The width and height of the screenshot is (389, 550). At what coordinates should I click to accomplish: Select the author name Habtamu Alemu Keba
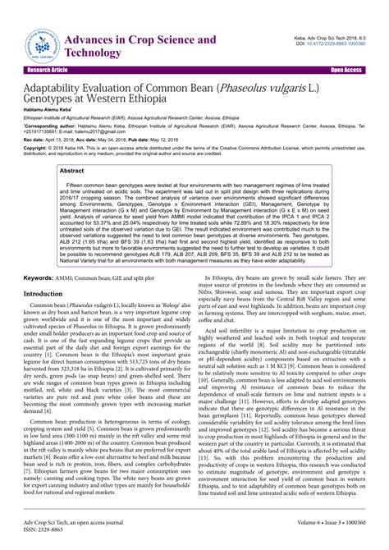(52, 109)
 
